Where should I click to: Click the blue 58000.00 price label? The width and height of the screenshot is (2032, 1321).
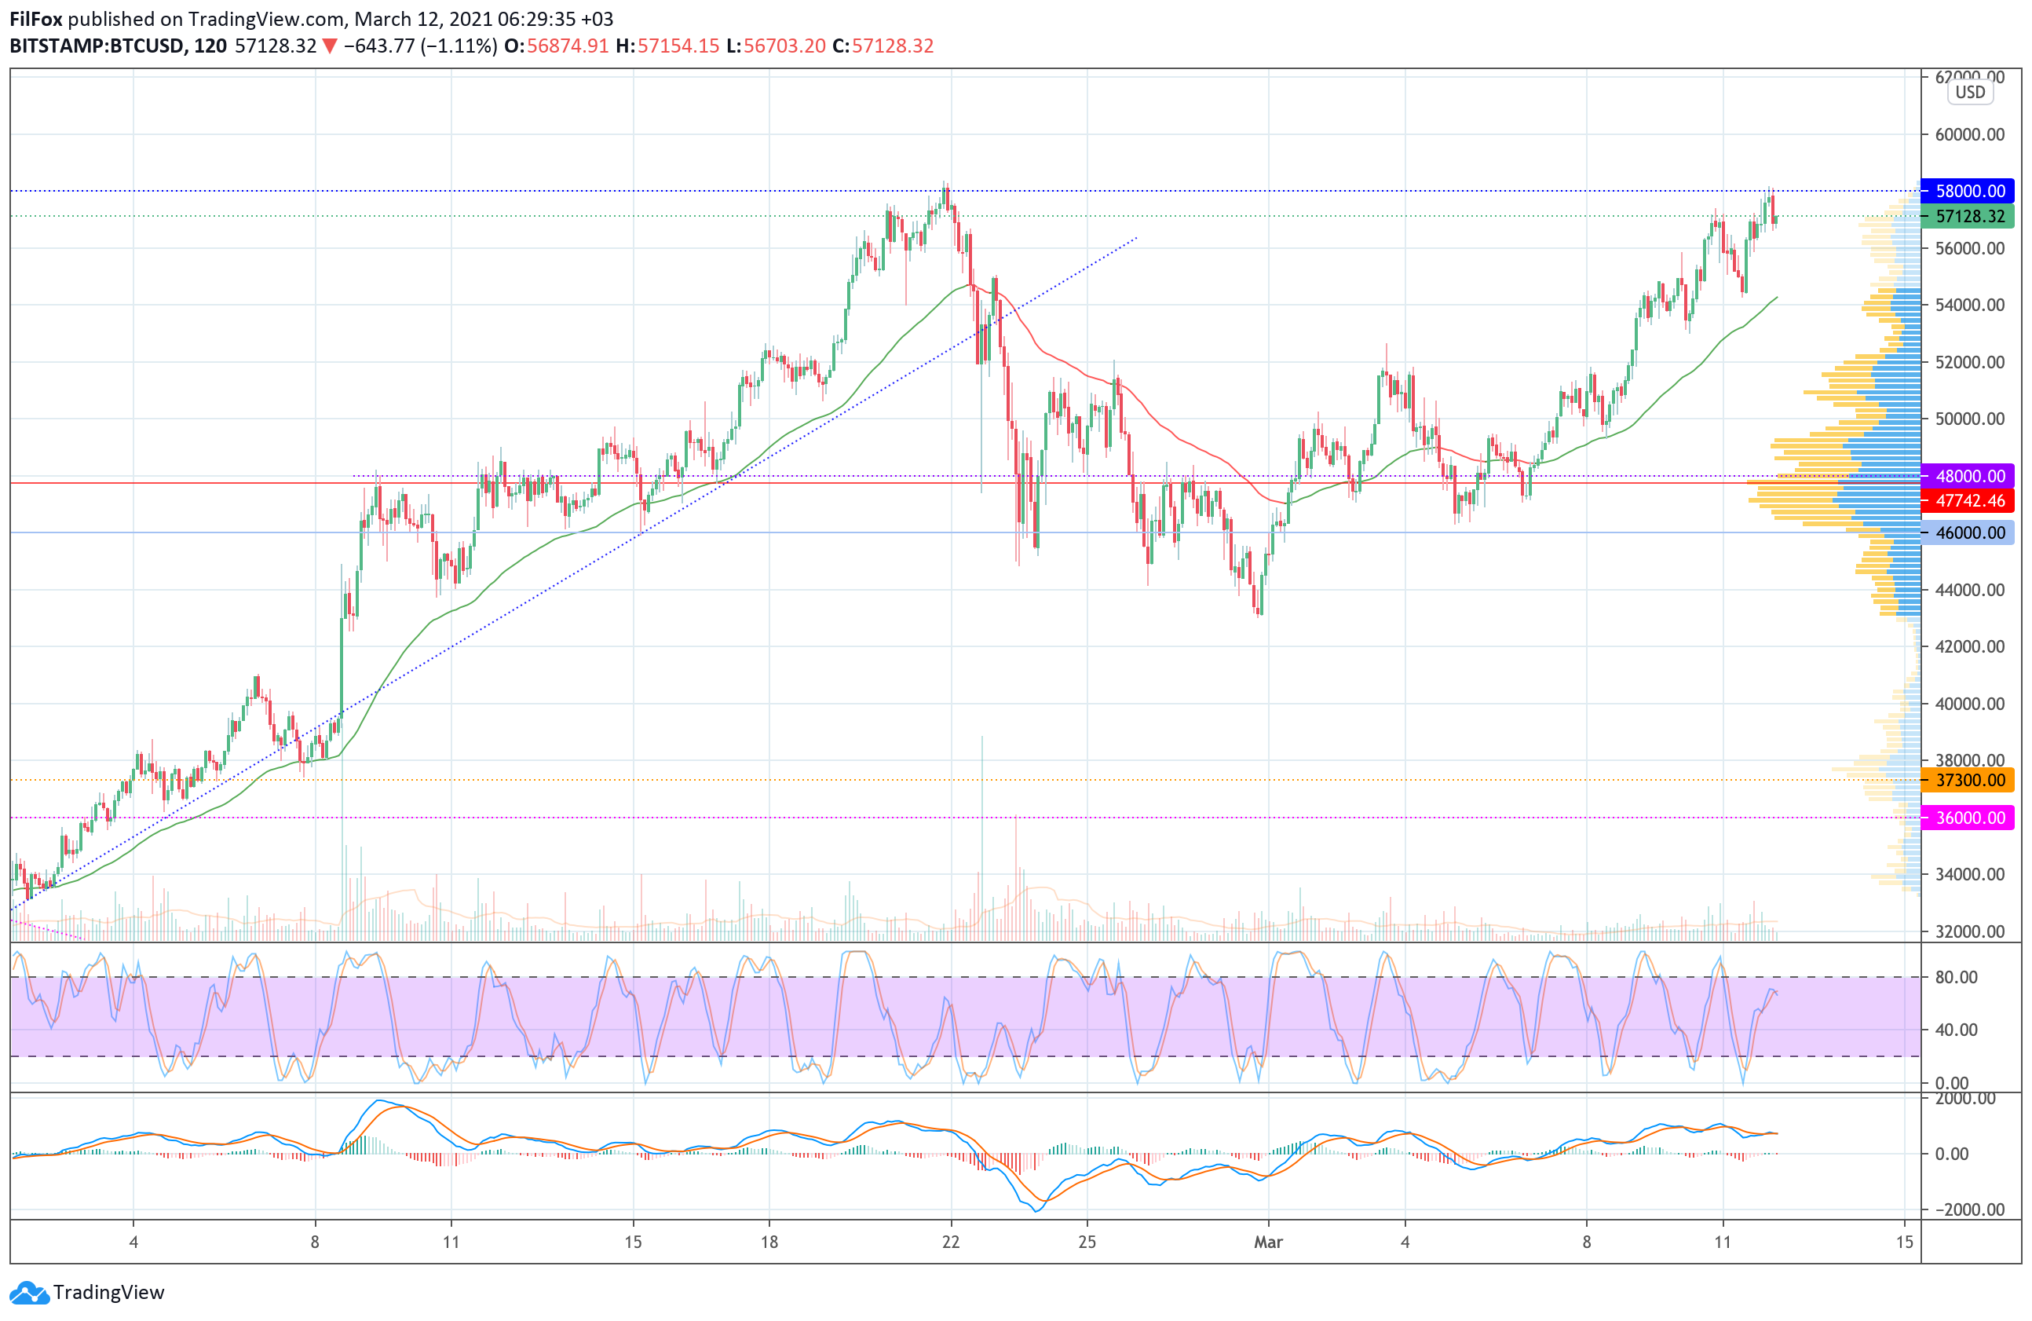[1967, 190]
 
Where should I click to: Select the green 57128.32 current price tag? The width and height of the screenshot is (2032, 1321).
[1967, 216]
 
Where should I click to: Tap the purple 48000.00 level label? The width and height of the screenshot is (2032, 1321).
[1967, 476]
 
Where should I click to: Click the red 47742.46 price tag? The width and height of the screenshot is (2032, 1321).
[1967, 500]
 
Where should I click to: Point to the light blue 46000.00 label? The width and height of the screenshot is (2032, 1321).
[1967, 532]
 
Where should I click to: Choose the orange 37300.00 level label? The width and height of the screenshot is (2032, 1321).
[1967, 780]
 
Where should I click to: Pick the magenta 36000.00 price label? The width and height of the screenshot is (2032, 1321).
[1967, 818]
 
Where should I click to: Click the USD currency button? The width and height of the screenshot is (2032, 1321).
[1971, 92]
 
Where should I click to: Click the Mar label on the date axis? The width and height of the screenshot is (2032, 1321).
[1268, 1242]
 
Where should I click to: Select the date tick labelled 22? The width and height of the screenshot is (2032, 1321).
[951, 1242]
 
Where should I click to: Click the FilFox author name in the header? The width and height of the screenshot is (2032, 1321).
[36, 19]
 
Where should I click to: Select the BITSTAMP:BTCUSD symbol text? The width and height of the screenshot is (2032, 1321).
[97, 46]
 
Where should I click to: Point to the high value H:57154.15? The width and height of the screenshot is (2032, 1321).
[667, 46]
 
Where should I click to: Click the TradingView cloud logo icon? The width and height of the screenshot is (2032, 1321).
[30, 1292]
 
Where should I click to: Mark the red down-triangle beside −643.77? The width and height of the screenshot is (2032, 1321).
[330, 46]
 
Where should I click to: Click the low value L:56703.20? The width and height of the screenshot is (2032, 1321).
[776, 46]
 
